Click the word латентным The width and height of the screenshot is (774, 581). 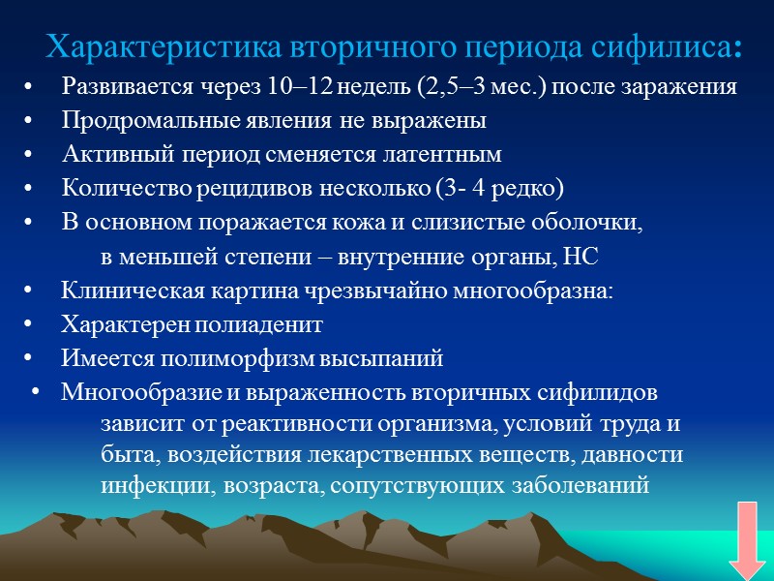coord(449,155)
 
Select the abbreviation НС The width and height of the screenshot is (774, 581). coord(596,257)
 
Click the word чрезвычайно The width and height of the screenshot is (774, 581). coord(372,290)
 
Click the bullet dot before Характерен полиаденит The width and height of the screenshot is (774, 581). coord(36,324)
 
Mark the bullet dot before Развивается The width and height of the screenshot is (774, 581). coord(36,87)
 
